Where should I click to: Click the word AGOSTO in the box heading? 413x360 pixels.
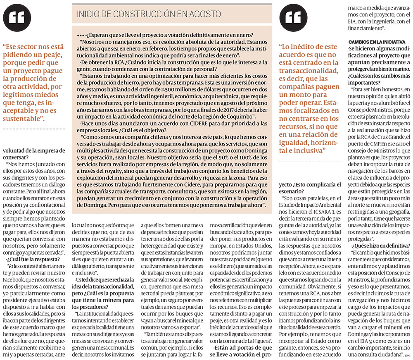tap(206, 14)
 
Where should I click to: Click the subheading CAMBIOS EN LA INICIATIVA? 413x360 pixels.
tap(376, 43)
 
